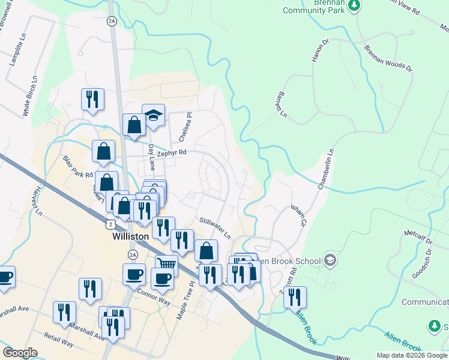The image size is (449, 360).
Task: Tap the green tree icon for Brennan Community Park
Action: click(355, 5)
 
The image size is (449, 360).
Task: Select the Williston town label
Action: click(130, 237)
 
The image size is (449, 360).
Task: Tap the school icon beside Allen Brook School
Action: click(330, 260)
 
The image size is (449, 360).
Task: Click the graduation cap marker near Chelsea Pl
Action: click(153, 115)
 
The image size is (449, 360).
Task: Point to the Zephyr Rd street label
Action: click(172, 153)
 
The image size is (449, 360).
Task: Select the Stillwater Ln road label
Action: click(215, 228)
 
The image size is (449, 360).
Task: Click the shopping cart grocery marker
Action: click(166, 264)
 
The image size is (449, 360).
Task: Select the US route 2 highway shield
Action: click(109, 224)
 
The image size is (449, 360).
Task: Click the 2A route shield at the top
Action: click(112, 21)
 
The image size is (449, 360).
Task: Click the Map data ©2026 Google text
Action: click(412, 355)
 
